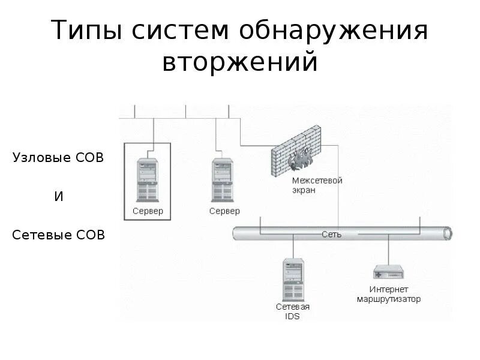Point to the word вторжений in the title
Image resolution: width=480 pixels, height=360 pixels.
click(239, 62)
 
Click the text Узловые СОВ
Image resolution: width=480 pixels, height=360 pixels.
click(58, 158)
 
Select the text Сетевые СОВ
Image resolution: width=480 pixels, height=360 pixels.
click(59, 235)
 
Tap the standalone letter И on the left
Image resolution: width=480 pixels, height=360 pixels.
click(59, 196)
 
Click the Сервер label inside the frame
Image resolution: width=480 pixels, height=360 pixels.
click(148, 211)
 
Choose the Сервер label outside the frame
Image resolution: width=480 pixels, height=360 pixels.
click(224, 211)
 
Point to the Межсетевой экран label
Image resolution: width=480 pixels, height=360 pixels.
click(317, 185)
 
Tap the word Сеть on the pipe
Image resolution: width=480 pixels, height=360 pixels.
click(332, 234)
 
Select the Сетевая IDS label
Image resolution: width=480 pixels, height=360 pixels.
click(293, 311)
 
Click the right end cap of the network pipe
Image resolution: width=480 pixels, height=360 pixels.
click(447, 233)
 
